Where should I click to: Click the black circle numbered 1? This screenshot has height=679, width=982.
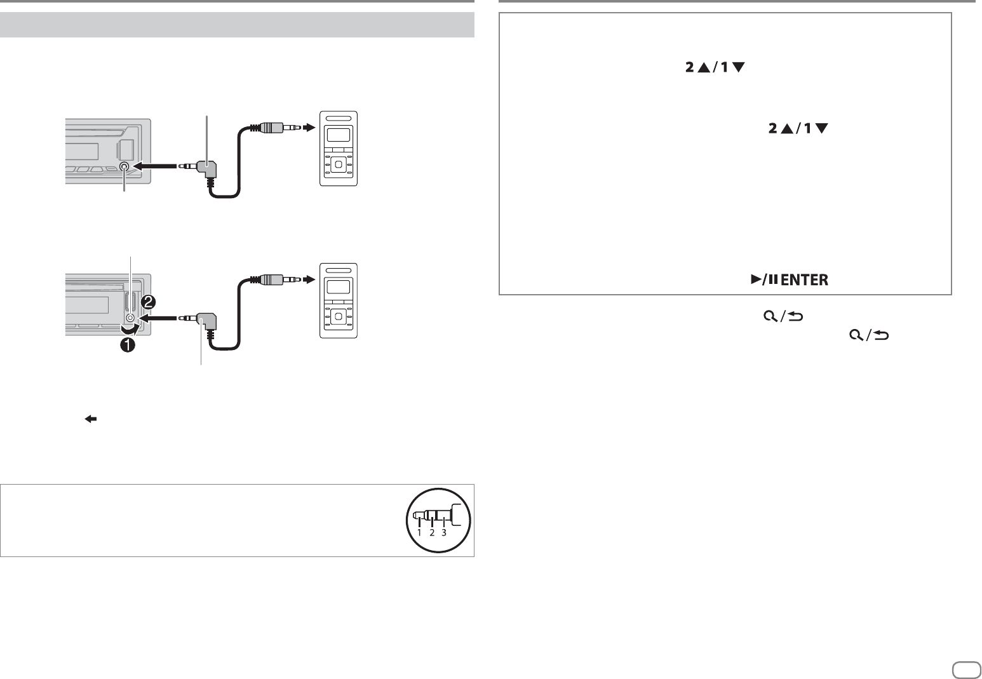coord(128,346)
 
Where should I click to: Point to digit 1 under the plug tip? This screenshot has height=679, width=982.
coord(419,532)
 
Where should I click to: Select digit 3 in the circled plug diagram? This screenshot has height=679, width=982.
coord(444,532)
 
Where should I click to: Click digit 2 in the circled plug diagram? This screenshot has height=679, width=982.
coord(432,532)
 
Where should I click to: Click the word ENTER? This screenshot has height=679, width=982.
coord(804,279)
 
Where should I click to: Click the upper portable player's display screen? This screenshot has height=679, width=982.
coord(339,134)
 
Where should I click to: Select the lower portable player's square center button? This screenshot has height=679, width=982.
coord(339,316)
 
